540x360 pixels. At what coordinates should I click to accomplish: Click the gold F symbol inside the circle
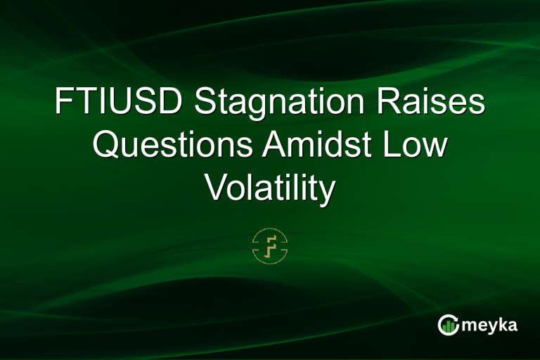pos(270,245)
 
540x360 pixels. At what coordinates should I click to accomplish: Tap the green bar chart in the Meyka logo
pos(448,326)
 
